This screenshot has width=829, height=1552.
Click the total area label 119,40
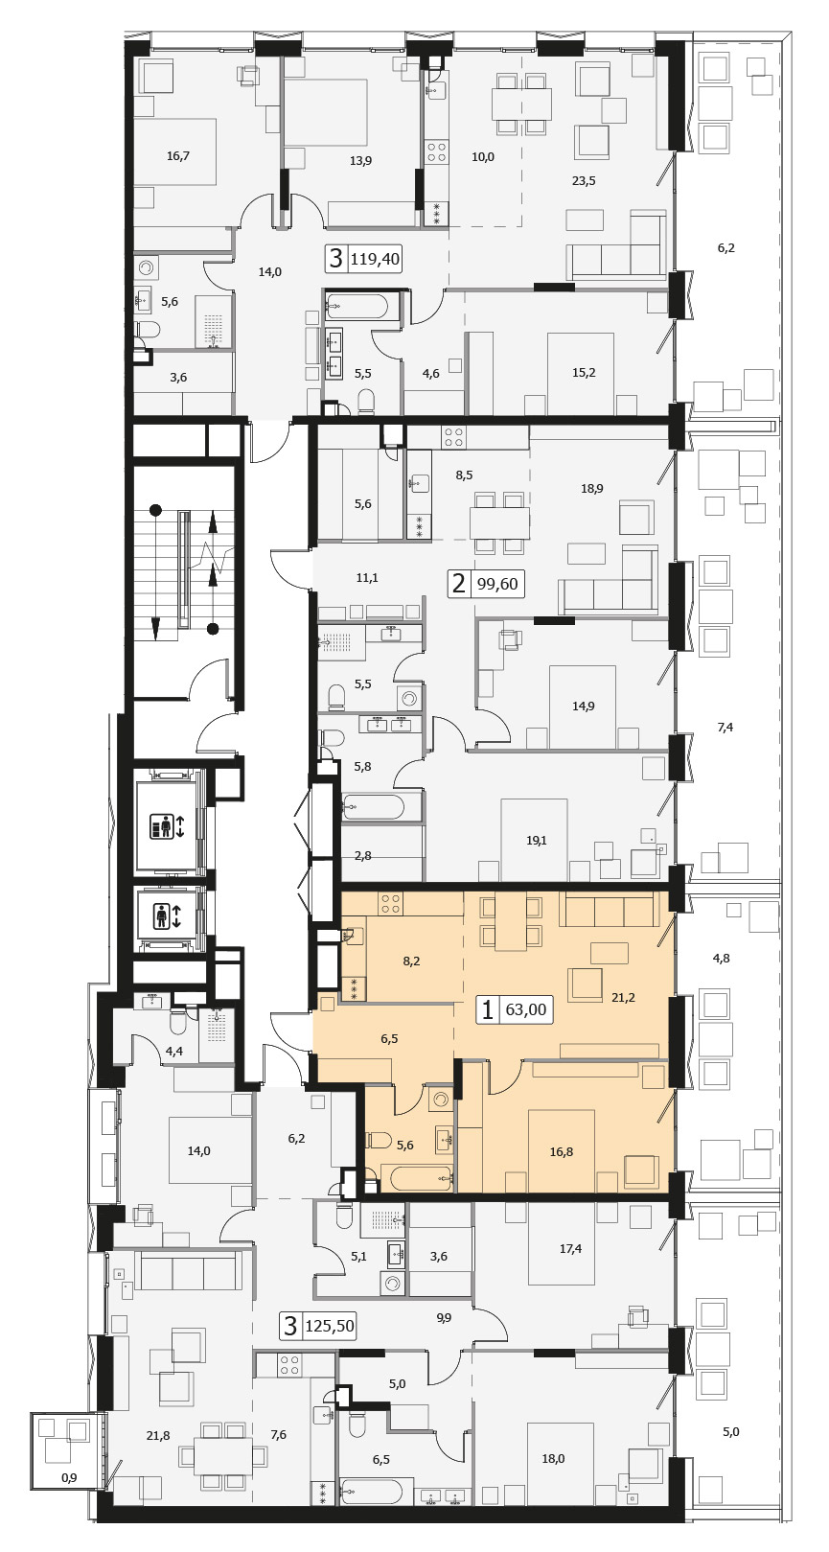coord(376,260)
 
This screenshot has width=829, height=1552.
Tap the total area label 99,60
coord(497,584)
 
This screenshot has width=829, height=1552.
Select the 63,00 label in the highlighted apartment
coord(525,1009)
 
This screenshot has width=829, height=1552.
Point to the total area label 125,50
coord(330,1326)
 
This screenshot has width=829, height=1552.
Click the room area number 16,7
coord(178,156)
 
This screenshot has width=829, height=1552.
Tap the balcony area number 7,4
coord(725,727)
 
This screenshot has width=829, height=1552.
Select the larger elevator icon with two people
coord(166,826)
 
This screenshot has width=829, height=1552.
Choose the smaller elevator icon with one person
coord(166,915)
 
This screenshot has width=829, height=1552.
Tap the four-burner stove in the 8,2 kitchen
coord(390,903)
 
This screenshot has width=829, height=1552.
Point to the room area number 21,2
coord(623,998)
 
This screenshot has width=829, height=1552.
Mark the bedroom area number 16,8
coord(562,1152)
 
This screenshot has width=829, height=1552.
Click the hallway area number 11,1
coord(367,577)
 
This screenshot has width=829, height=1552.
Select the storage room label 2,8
coord(363,856)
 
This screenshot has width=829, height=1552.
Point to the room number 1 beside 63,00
coord(487,1009)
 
